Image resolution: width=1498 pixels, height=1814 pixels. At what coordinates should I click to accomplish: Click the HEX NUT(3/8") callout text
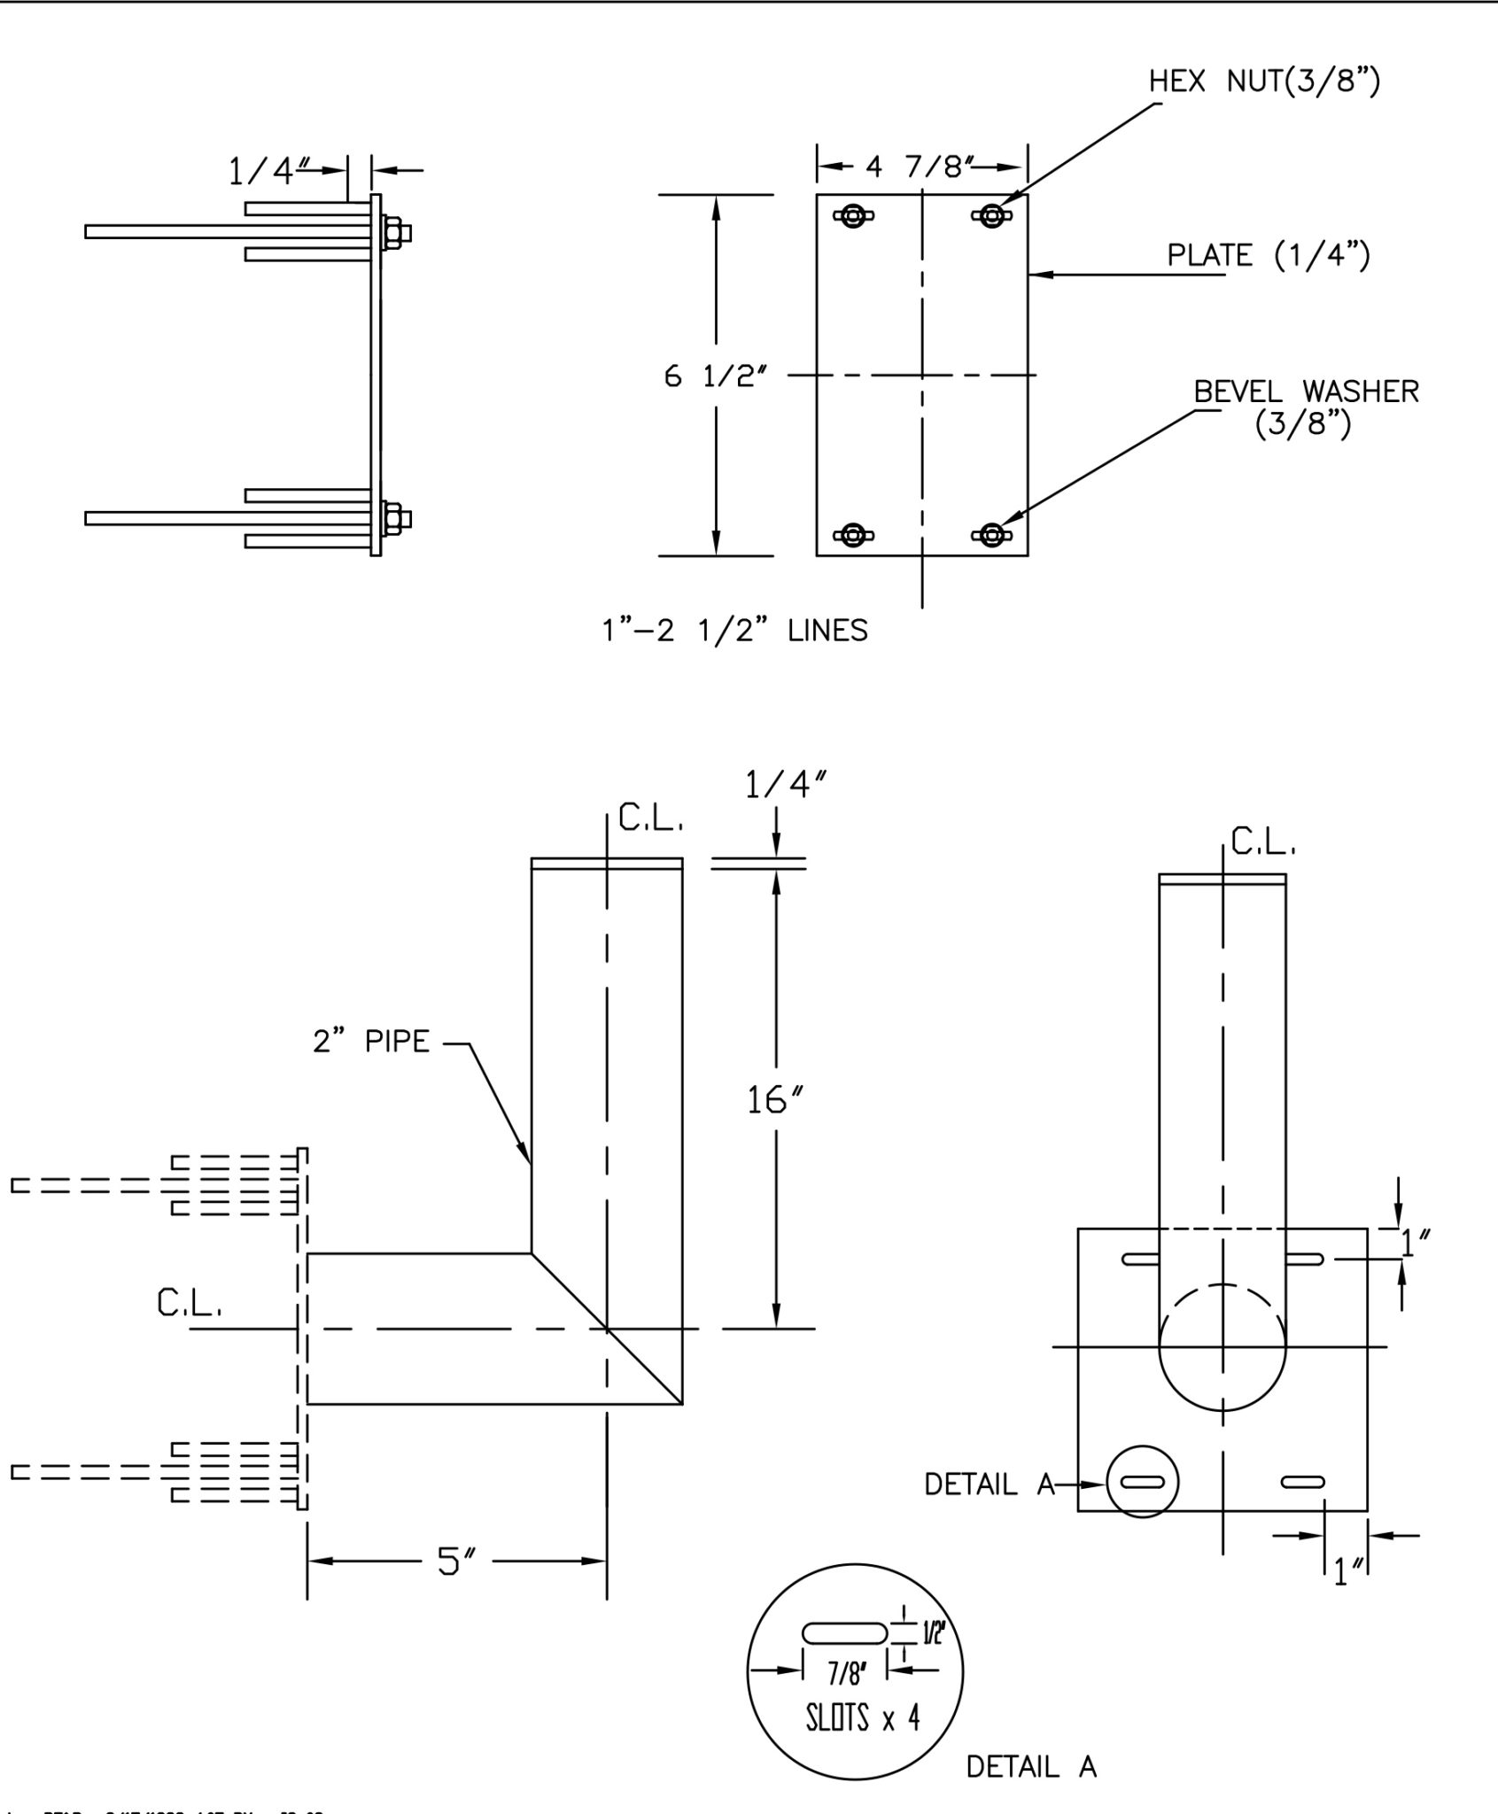[x=1264, y=81]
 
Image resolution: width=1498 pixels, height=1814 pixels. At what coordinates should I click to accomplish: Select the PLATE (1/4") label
[x=1268, y=256]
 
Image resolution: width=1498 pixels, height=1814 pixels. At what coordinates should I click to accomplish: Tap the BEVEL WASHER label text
[x=1306, y=391]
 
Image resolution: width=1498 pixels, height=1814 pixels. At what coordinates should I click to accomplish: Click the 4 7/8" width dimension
[x=920, y=167]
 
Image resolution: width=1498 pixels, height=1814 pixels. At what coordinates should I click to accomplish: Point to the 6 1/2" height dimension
[x=715, y=376]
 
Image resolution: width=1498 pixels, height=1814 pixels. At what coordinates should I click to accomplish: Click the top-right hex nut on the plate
[x=991, y=215]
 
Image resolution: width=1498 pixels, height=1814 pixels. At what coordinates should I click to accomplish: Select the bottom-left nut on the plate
[x=853, y=534]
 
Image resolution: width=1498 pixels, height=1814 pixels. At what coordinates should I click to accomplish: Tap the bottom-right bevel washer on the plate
[x=991, y=534]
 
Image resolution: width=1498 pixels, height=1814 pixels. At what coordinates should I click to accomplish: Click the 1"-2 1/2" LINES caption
[x=734, y=631]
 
